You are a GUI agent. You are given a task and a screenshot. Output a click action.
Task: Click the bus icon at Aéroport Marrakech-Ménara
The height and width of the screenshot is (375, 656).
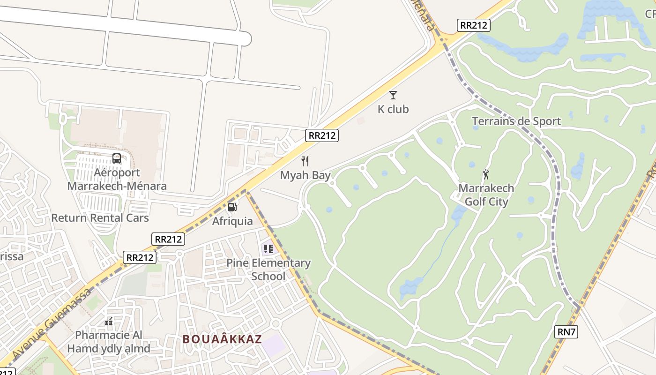click(117, 158)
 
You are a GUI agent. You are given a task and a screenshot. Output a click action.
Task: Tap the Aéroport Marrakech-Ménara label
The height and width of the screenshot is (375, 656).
click(117, 179)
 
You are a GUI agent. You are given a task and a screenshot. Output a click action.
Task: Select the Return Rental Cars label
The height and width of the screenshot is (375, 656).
click(100, 218)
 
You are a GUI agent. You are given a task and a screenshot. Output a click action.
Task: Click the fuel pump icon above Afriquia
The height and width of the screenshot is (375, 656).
click(232, 207)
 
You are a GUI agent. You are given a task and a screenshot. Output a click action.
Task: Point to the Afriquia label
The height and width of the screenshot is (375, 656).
click(232, 221)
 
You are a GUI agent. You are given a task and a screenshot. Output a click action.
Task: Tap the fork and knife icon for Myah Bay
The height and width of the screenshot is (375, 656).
click(305, 161)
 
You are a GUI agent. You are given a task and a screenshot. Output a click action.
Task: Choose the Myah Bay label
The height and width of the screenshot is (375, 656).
click(305, 175)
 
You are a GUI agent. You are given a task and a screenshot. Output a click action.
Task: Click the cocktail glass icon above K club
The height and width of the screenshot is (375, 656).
click(393, 95)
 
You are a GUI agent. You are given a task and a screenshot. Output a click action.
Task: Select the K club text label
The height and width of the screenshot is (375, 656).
click(393, 109)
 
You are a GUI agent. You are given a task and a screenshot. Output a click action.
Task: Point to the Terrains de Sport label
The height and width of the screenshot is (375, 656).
click(516, 121)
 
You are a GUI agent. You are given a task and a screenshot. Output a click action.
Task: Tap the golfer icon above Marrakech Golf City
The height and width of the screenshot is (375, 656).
click(486, 174)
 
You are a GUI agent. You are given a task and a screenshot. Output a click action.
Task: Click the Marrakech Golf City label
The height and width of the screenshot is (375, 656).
click(486, 195)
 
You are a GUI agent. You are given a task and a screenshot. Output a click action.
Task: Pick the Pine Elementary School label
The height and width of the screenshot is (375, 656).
click(268, 270)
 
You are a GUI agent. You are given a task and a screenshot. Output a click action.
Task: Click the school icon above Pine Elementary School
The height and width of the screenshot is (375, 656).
click(268, 248)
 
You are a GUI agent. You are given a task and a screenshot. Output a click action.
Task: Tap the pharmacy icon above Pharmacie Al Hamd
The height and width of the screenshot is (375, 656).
click(109, 322)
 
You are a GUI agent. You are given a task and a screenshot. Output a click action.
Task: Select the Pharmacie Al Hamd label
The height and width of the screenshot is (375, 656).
click(109, 342)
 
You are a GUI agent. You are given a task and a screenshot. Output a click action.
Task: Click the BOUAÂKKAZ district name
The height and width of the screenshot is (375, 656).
click(222, 339)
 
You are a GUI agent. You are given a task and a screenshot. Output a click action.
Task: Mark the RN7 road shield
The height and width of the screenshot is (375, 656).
click(567, 332)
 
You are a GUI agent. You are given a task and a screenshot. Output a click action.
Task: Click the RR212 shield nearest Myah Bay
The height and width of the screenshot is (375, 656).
click(322, 135)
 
